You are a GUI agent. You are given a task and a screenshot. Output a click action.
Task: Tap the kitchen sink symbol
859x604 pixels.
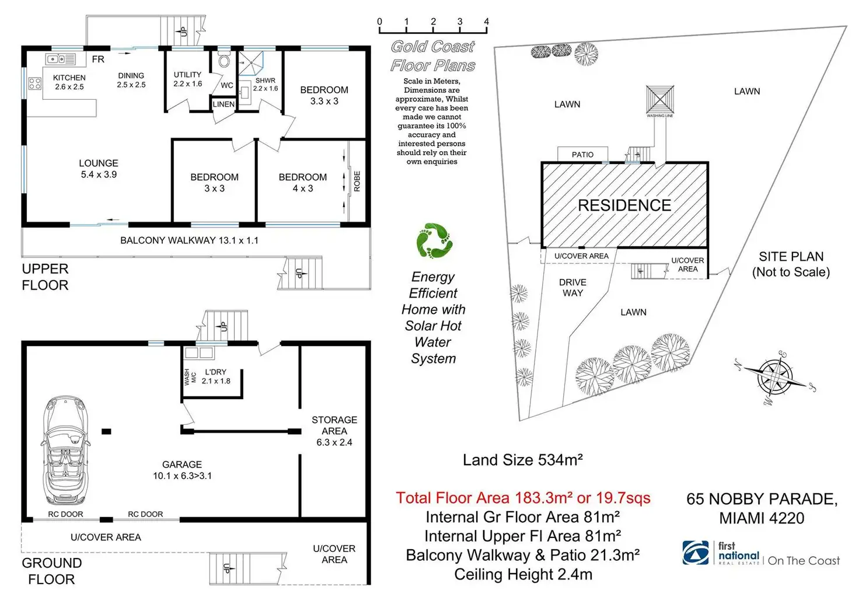tap(60, 59)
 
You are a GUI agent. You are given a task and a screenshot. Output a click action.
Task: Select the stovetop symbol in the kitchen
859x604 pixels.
tap(34, 83)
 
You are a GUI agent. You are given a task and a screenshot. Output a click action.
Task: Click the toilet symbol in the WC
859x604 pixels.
tap(224, 61)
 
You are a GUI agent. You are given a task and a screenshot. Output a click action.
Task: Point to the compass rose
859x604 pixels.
tap(775, 378)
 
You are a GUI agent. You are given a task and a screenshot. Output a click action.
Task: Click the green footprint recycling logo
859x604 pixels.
tap(434, 240)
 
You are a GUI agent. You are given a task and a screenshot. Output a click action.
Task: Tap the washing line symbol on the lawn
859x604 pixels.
tap(659, 99)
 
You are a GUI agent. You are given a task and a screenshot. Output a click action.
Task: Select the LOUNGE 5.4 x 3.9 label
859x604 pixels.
tap(99, 169)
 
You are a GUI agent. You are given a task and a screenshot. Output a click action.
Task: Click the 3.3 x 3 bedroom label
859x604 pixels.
tap(324, 96)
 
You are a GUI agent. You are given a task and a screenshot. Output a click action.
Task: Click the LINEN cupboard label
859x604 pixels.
tap(224, 104)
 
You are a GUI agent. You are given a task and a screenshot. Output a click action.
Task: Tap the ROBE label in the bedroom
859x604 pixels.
tap(357, 181)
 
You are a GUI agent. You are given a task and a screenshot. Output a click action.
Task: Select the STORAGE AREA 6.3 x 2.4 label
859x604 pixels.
tap(334, 431)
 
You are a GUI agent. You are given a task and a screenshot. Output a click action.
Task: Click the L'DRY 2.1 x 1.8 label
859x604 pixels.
tap(216, 376)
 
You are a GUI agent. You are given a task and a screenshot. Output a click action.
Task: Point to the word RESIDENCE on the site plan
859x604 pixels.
tap(624, 205)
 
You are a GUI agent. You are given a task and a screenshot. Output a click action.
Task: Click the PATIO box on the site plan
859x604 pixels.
tap(582, 154)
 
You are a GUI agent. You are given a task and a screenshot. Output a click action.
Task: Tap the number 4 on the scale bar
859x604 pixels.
tap(486, 22)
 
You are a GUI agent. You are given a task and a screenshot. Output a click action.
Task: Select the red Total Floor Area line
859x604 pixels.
tap(523, 498)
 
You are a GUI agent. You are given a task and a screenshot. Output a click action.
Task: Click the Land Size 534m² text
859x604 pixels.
tap(523, 460)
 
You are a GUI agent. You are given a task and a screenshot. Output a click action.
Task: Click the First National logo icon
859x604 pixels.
tap(695, 553)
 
